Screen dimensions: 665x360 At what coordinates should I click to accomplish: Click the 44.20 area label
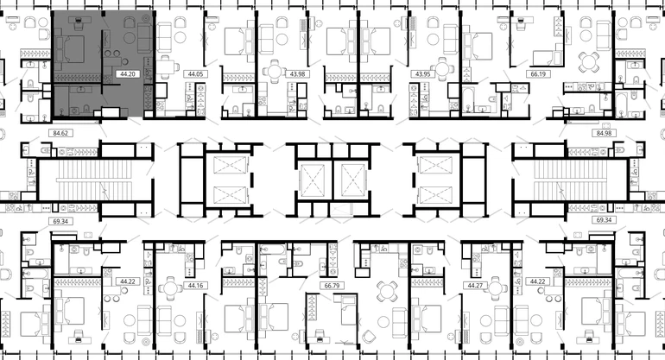tap(128, 74)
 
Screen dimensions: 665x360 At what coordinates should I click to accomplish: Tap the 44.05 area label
tap(195, 74)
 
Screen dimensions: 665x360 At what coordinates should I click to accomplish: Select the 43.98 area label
tap(297, 74)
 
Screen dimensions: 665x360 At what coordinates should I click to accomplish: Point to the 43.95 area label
tap(423, 74)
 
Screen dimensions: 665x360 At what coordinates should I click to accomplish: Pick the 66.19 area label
tap(538, 74)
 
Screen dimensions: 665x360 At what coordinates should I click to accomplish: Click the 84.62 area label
tap(60, 133)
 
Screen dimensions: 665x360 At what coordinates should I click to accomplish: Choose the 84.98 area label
tap(604, 133)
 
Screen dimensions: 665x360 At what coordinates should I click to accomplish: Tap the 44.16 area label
tap(195, 286)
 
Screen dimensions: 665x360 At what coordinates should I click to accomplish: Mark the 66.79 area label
tap(332, 286)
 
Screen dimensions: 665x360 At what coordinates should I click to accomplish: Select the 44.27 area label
tap(475, 286)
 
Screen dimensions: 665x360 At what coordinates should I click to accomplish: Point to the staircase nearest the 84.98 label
tap(570, 180)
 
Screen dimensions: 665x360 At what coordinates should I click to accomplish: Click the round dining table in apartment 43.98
tap(275, 71)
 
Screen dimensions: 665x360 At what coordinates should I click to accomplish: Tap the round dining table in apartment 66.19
tap(589, 62)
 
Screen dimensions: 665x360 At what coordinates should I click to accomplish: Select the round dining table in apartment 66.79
tap(387, 291)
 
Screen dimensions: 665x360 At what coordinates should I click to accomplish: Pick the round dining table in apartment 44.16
tap(170, 288)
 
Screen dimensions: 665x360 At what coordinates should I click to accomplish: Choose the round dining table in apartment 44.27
tap(495, 288)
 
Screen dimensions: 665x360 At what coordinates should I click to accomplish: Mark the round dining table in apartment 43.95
tap(442, 69)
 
